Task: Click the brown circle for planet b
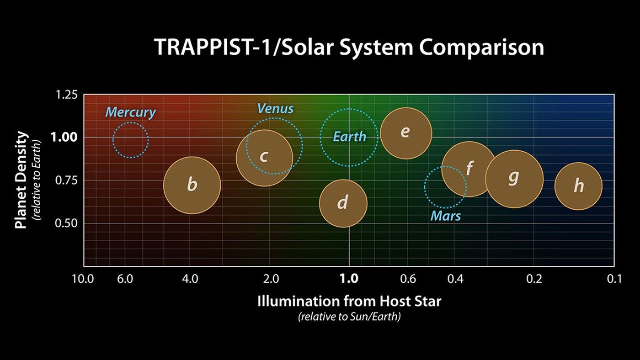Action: (x=192, y=185)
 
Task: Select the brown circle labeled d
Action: (x=343, y=203)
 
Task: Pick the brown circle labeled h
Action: (x=578, y=186)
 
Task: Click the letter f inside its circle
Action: (x=469, y=168)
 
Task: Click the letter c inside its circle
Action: (x=264, y=156)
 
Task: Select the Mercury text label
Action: (x=131, y=112)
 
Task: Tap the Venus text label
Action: (x=275, y=109)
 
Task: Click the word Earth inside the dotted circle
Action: (x=349, y=137)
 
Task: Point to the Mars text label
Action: (x=446, y=216)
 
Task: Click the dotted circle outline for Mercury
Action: (x=113, y=140)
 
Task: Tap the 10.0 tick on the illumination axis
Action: (x=83, y=278)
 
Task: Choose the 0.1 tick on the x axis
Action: (x=613, y=278)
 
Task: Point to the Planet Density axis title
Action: (x=21, y=180)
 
